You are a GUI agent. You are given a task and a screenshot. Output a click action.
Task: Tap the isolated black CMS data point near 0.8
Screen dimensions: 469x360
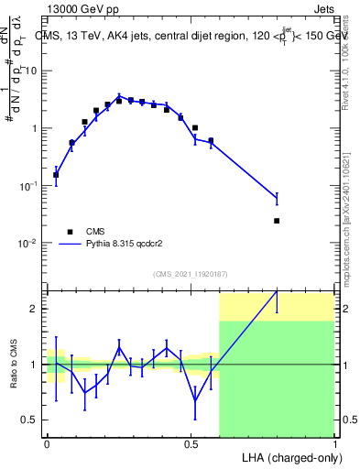277,221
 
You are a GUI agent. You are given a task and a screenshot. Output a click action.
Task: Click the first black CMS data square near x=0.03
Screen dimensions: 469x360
56,174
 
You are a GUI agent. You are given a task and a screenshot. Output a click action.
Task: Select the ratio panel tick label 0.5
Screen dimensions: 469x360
32,420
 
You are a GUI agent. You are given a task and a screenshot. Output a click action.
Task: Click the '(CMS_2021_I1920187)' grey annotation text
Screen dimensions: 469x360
190,274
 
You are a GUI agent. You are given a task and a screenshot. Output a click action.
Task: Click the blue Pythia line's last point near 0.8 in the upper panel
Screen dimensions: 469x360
277,197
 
